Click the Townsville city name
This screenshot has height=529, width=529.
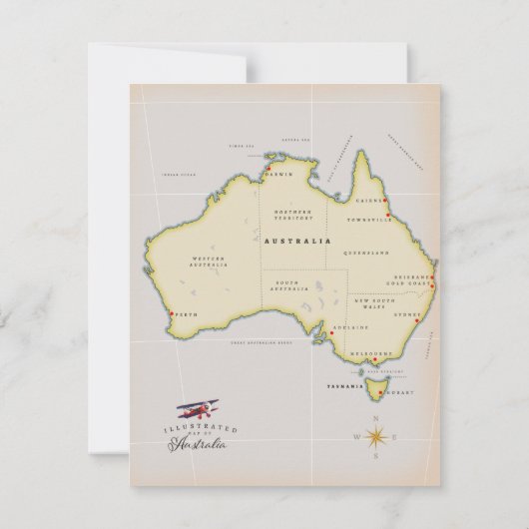tap(365, 218)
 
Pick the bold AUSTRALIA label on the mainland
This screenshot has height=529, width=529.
tap(301, 241)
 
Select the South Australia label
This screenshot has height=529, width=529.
tap(286, 287)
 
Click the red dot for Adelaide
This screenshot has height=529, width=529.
tap(333, 326)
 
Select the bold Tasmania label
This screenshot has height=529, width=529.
tap(346, 383)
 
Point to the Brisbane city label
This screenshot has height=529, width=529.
tap(410, 275)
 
